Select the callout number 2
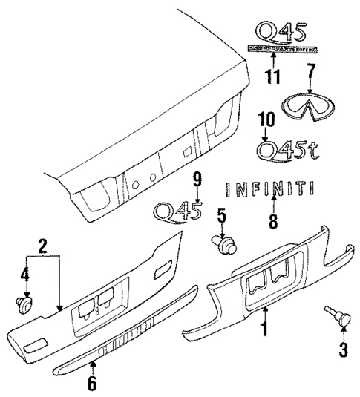(42, 246)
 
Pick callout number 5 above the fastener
(220, 216)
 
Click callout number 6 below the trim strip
(93, 383)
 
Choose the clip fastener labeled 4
(26, 303)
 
